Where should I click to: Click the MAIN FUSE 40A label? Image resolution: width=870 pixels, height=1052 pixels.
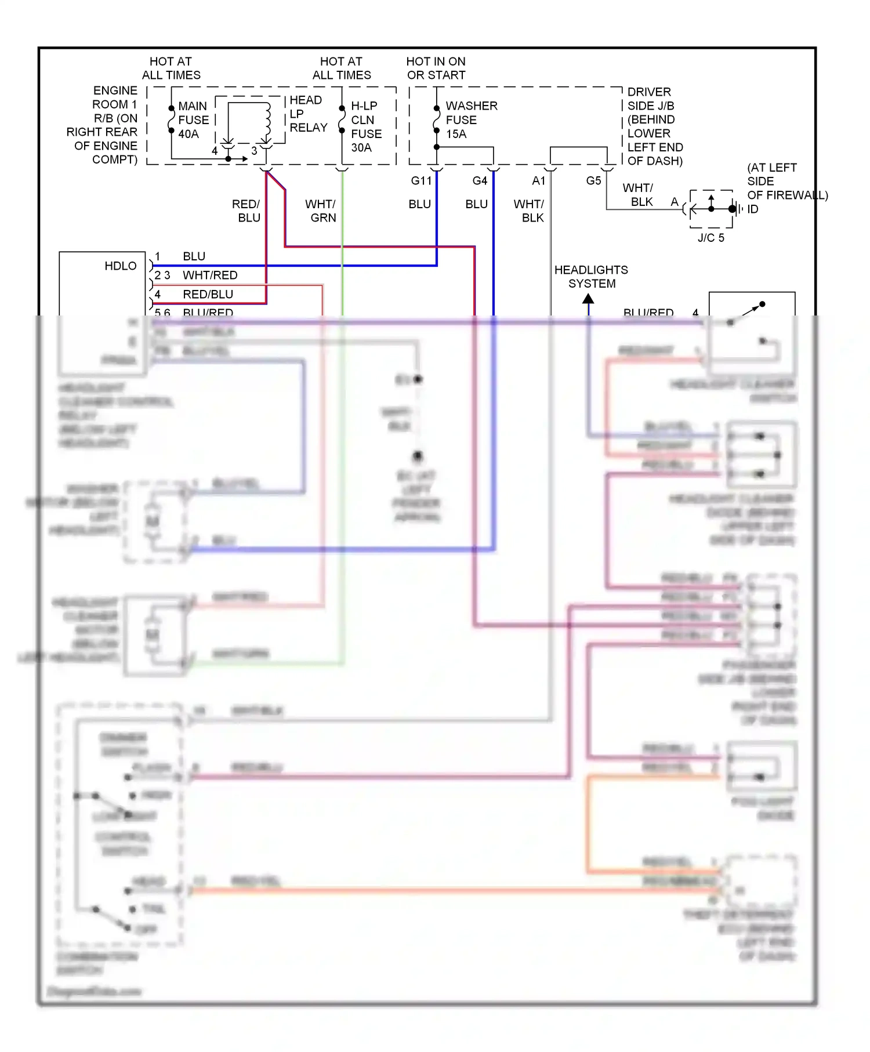click(193, 120)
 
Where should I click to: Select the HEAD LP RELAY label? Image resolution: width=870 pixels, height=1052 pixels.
click(308, 114)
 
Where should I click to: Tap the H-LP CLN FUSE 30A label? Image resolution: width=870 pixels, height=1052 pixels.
click(366, 126)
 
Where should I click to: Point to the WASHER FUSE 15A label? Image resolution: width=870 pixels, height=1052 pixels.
click(470, 119)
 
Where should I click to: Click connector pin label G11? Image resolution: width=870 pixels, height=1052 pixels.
click(421, 181)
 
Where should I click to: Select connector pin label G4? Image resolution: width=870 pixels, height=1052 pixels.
click(480, 181)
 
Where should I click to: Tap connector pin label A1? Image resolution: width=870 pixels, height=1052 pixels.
click(539, 181)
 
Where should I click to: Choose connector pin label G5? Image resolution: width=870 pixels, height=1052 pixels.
click(593, 181)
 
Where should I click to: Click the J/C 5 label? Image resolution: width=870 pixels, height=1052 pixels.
click(710, 238)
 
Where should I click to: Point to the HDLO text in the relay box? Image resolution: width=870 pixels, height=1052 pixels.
click(121, 266)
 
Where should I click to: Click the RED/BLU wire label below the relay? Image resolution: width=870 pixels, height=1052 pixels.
click(246, 211)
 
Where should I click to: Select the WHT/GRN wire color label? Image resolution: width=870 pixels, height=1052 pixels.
click(321, 211)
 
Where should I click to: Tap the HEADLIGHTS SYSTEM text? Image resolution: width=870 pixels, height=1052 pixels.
click(591, 277)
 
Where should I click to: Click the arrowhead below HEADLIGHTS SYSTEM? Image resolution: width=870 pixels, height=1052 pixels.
click(588, 299)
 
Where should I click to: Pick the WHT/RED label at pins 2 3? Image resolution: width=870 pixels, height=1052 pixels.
click(210, 275)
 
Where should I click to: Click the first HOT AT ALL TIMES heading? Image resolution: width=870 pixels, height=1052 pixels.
click(171, 68)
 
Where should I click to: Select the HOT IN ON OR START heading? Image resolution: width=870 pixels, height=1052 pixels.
click(436, 68)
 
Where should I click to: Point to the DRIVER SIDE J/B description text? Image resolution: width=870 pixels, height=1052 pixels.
click(654, 126)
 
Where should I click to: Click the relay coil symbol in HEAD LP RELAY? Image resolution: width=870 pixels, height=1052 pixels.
click(267, 118)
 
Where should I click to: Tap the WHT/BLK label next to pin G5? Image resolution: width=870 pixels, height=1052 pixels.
click(639, 195)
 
